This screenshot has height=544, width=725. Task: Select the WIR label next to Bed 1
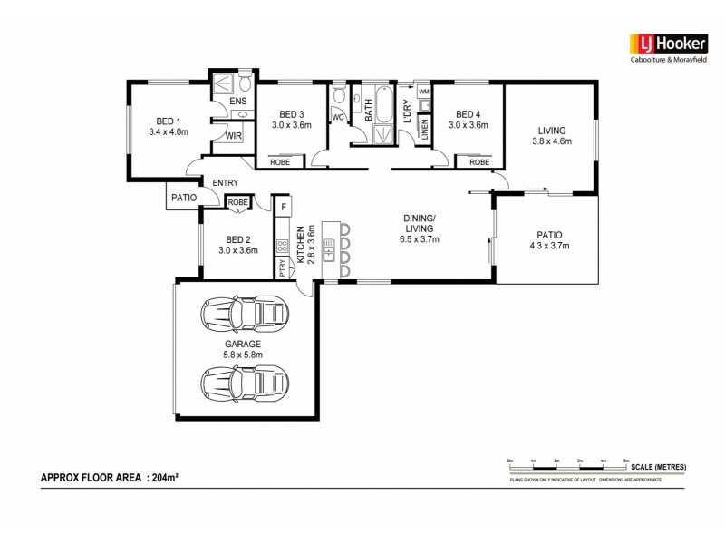(233, 136)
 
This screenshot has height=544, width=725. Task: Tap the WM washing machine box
(423, 92)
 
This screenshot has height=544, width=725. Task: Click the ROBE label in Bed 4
(479, 161)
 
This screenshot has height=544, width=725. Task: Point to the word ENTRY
(225, 183)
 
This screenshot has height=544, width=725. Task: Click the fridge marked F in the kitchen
(283, 206)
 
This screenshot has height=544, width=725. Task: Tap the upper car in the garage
(244, 313)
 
